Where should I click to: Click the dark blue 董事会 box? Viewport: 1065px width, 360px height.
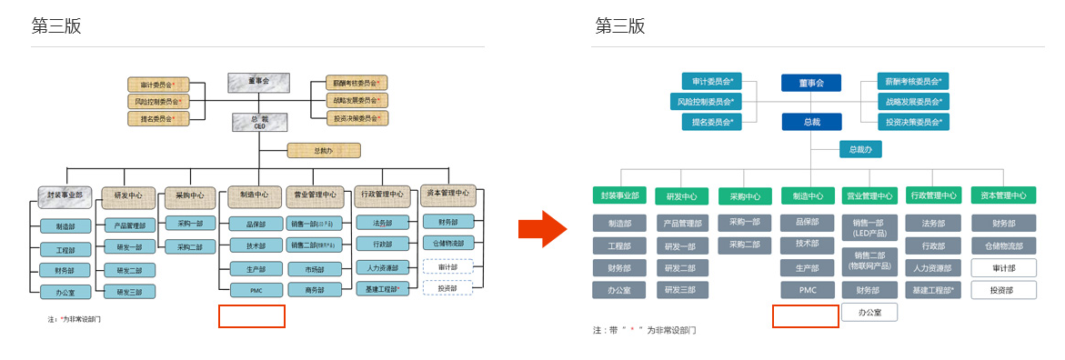810,83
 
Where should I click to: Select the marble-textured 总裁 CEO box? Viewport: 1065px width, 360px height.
258,122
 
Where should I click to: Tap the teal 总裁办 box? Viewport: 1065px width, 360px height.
859,149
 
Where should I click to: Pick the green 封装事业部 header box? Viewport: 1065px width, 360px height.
619,195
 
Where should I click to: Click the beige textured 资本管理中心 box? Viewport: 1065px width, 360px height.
447,193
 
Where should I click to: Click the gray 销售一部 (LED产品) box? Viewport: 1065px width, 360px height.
869,228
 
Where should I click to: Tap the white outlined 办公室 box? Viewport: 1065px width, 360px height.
869,312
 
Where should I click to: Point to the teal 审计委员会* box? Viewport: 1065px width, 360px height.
712,81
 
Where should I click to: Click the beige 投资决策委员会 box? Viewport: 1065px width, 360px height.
357,118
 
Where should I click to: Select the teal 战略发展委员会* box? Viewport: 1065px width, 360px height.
912,101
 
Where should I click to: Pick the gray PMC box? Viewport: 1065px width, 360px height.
808,290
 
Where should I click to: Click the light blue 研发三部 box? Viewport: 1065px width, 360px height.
129,292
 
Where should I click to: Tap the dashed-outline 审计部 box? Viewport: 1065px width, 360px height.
447,267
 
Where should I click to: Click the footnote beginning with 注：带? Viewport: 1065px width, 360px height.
645,330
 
